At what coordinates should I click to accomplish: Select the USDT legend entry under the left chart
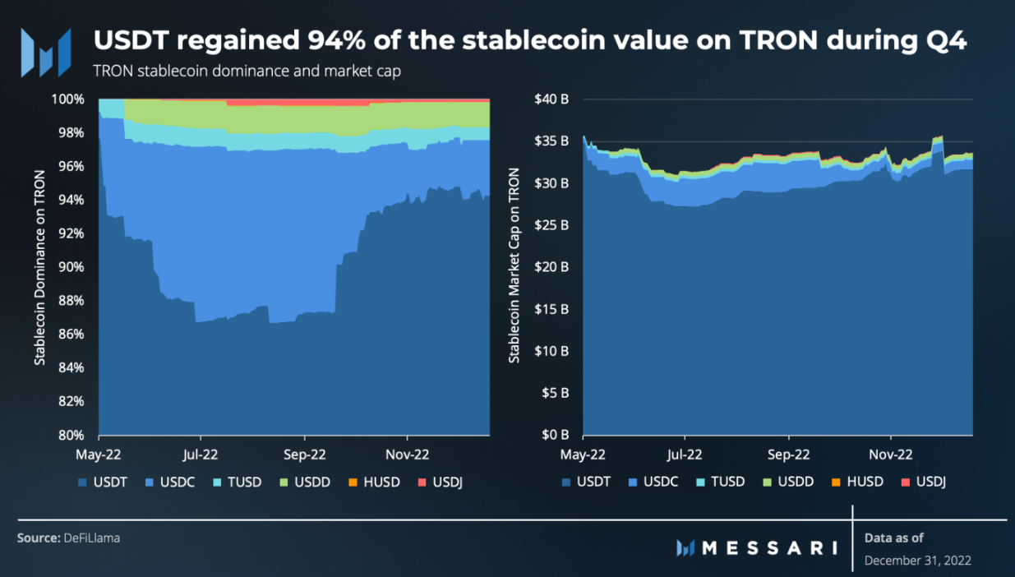point(103,482)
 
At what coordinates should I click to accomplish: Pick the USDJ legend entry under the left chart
point(441,482)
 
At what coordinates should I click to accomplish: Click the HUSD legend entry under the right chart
point(860,481)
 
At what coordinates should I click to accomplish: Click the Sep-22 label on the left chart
point(305,453)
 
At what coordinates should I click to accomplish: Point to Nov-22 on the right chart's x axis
point(891,453)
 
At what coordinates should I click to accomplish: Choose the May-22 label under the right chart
point(583,453)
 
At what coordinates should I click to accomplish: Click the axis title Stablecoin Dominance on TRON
point(39,266)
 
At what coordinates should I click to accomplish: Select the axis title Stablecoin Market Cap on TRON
point(514,266)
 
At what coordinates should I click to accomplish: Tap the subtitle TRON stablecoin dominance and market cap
point(247,72)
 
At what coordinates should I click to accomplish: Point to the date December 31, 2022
point(917,561)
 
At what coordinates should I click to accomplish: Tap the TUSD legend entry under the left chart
point(238,482)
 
